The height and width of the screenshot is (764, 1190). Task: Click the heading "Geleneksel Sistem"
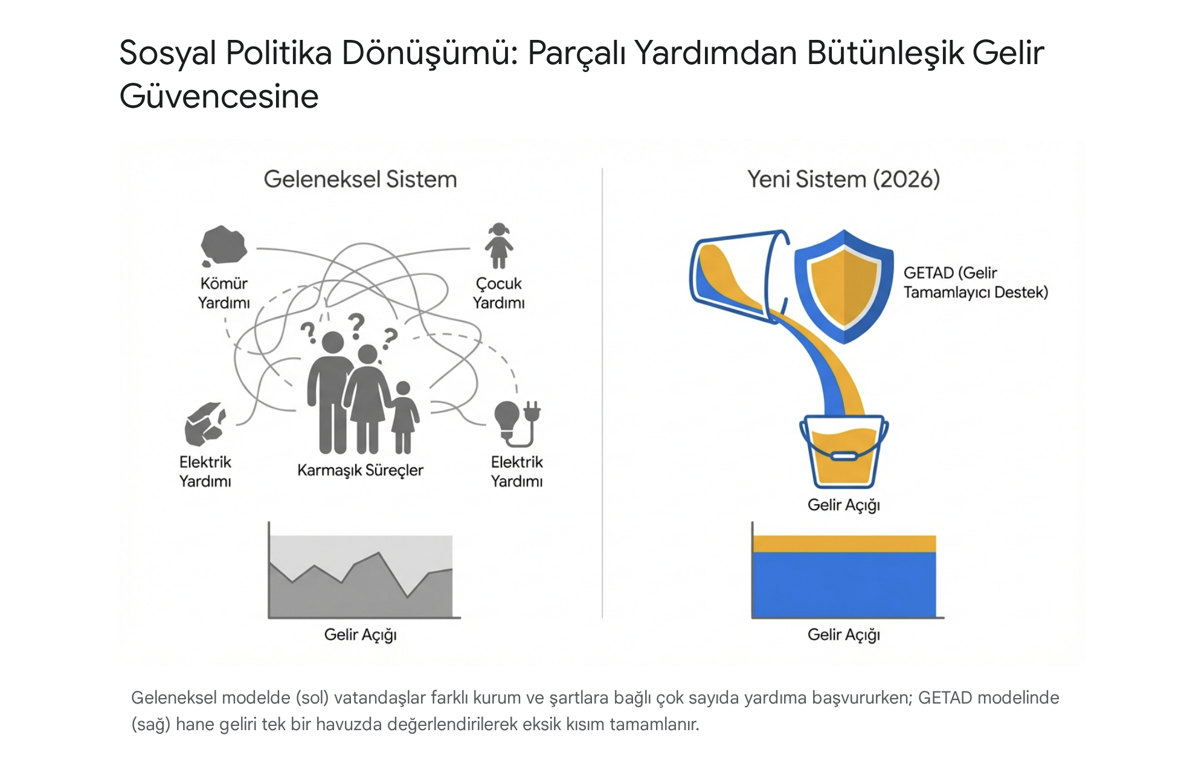coord(360,180)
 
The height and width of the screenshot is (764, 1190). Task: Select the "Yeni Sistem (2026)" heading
coord(843,180)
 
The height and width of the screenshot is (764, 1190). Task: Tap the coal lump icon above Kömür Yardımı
coord(223,245)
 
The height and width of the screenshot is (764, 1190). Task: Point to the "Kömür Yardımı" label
coord(224,293)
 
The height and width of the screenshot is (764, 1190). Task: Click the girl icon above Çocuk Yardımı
coord(498,245)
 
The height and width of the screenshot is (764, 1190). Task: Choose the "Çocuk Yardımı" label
coord(498,293)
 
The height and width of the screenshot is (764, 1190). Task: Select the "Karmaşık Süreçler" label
coord(360,470)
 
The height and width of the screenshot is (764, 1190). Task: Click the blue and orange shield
coord(844,286)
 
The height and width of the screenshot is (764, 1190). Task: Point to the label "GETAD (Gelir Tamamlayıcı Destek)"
coord(975,282)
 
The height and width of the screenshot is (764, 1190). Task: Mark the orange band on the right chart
coord(844,543)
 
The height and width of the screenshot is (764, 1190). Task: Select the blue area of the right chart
coord(844,584)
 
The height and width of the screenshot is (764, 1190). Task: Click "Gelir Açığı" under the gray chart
coord(360,635)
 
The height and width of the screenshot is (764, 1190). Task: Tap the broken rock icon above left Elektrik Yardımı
coord(205,422)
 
